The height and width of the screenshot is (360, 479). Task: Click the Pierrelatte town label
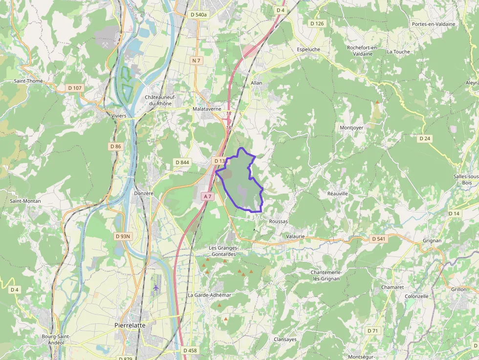[130, 325]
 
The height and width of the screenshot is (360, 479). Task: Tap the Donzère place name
[144, 193]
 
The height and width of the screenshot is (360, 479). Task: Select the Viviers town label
[119, 116]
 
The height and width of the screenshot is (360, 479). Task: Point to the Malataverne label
[207, 109]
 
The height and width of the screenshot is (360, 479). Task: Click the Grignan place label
[432, 240]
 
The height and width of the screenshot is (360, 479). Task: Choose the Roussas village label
[279, 221]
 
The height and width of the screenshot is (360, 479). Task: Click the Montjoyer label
[351, 127]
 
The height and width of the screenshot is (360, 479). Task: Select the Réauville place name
[338, 193]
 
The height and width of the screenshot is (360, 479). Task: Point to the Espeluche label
[308, 49]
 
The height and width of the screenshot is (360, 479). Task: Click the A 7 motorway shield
[208, 196]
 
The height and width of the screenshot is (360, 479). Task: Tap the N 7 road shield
[196, 61]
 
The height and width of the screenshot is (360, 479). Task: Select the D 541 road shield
[378, 239]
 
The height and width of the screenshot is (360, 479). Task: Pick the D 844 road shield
[182, 162]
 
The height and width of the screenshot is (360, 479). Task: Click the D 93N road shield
[123, 236]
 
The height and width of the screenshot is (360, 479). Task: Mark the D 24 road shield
[425, 139]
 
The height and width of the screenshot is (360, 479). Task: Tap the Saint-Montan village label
[25, 201]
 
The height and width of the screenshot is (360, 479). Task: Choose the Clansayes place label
[285, 339]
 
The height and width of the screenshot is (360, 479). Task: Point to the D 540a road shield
[198, 15]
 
